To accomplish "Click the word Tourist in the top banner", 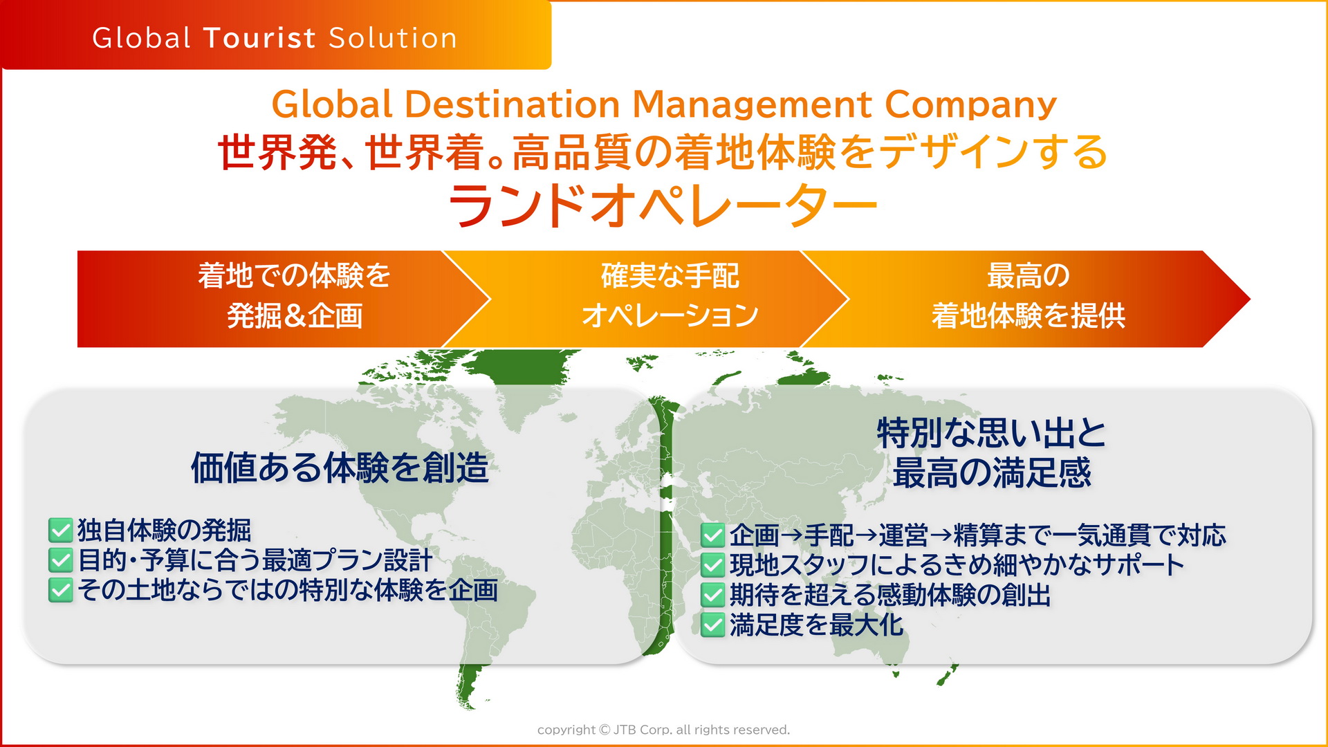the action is click(259, 38).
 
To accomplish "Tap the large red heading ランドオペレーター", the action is click(663, 205).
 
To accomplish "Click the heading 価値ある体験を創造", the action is click(340, 468).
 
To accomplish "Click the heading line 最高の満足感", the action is click(991, 473).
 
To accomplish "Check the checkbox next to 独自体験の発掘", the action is click(61, 531).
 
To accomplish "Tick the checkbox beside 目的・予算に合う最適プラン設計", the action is click(61, 560).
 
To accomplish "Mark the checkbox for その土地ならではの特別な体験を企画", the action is click(61, 590).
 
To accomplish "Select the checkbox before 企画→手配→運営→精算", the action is click(712, 535).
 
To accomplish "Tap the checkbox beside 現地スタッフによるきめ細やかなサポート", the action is click(712, 565).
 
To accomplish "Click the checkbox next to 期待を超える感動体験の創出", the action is click(712, 595).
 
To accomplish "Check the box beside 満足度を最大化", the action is click(712, 625).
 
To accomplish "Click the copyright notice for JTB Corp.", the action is click(663, 730).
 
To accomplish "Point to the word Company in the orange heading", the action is click(970, 104).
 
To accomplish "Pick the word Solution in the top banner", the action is click(393, 38).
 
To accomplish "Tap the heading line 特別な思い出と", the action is click(991, 433).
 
